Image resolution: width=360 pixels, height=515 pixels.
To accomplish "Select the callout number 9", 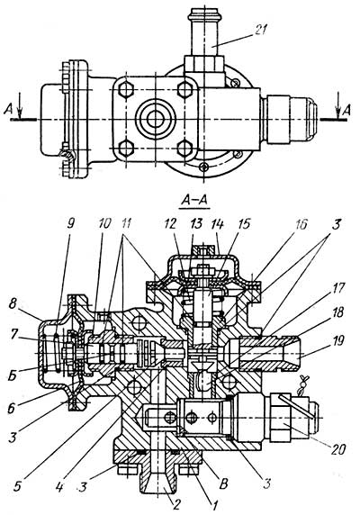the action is [70, 223].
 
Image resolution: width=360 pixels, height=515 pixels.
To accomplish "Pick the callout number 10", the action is [104, 223].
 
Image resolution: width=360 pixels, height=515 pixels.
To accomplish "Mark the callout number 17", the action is [338, 288].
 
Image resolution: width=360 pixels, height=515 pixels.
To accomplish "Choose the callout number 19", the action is [338, 341].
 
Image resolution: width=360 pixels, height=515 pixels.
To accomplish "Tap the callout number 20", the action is [337, 449].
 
